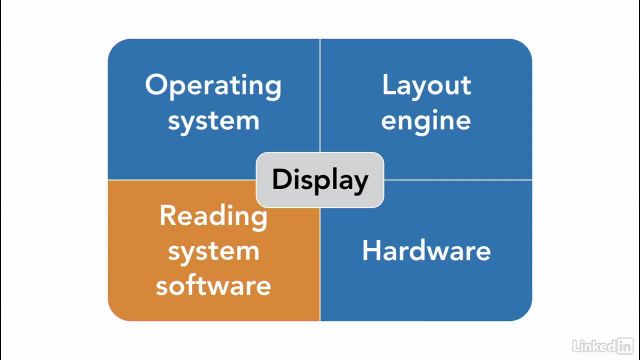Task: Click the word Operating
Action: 213,86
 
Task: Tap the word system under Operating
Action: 213,121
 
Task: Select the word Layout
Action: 426,85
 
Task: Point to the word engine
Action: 426,121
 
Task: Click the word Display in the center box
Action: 320,180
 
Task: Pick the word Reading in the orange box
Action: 213,215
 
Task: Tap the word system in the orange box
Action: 213,250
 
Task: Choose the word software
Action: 213,285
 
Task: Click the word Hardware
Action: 426,250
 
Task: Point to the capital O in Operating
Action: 155,84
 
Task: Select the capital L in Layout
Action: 388,84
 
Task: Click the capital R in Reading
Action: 168,214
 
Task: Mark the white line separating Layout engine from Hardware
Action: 455,180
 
